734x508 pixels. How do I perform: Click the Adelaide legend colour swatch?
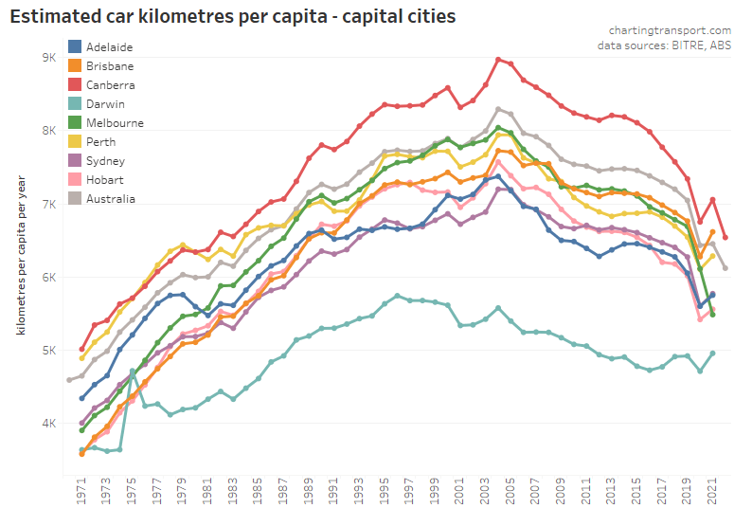pos(74,46)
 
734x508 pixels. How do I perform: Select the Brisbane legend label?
pos(109,66)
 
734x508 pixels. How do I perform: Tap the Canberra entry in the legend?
pos(110,85)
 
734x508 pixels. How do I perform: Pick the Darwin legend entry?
pos(104,104)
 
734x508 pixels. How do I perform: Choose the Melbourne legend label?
pos(115,123)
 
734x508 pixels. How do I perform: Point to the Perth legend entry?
pos(100,142)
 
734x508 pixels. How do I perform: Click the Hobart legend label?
pos(104,180)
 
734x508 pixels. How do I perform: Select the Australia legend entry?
pos(110,199)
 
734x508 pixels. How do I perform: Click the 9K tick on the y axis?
pos(49,58)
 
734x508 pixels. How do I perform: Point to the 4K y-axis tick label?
pos(49,424)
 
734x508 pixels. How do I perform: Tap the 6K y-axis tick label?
pos(49,278)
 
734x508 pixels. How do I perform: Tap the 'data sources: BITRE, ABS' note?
pos(664,45)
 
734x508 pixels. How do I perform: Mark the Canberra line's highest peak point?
pos(498,60)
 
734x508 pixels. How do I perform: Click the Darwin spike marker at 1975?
pos(133,372)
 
